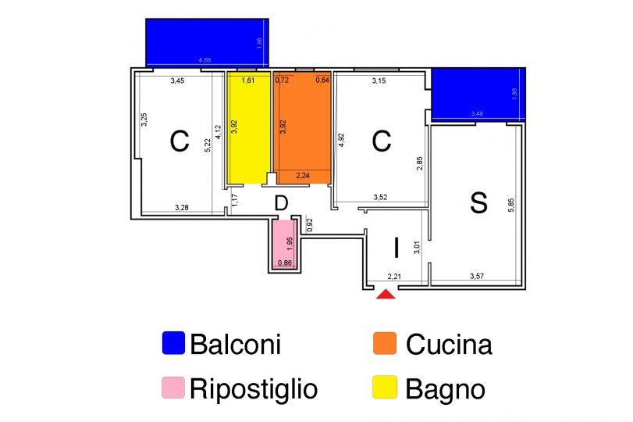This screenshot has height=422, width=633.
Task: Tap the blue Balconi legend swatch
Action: point(173,343)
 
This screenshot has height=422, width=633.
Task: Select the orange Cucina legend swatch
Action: point(385,343)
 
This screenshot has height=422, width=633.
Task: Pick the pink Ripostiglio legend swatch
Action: point(173,388)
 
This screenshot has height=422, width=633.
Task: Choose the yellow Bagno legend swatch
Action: point(385,388)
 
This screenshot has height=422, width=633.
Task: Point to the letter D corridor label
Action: point(282,203)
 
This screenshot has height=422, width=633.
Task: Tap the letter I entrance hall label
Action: point(396,249)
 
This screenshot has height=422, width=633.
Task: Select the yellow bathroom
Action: point(247,129)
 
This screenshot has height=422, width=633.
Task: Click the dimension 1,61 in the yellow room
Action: point(248,80)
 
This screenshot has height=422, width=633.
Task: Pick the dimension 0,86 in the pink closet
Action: point(285,263)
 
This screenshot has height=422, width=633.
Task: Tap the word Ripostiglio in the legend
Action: point(254,388)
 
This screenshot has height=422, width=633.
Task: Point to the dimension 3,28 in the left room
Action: point(181,207)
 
